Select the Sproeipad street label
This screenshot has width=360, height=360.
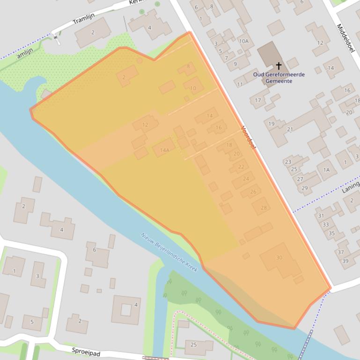tap(87, 350)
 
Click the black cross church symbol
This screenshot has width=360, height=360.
tap(279, 66)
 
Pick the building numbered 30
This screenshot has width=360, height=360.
tap(279, 258)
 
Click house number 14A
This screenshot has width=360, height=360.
tap(164, 150)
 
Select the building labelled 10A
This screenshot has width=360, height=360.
tap(243, 41)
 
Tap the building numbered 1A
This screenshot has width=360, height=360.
tap(327, 170)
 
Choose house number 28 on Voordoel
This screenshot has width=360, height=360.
tap(264, 208)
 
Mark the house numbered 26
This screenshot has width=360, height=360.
tap(253, 192)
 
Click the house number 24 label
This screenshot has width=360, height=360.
tap(246, 179)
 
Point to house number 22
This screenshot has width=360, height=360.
tap(241, 166)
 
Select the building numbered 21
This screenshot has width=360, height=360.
tap(290, 130)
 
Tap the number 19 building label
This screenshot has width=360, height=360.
tap(272, 124)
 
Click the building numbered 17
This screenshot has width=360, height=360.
tap(258, 101)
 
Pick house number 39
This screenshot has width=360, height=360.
tap(345, 261)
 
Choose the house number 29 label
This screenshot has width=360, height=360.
tap(304, 188)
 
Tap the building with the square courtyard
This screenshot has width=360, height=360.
tap(126, 310)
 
